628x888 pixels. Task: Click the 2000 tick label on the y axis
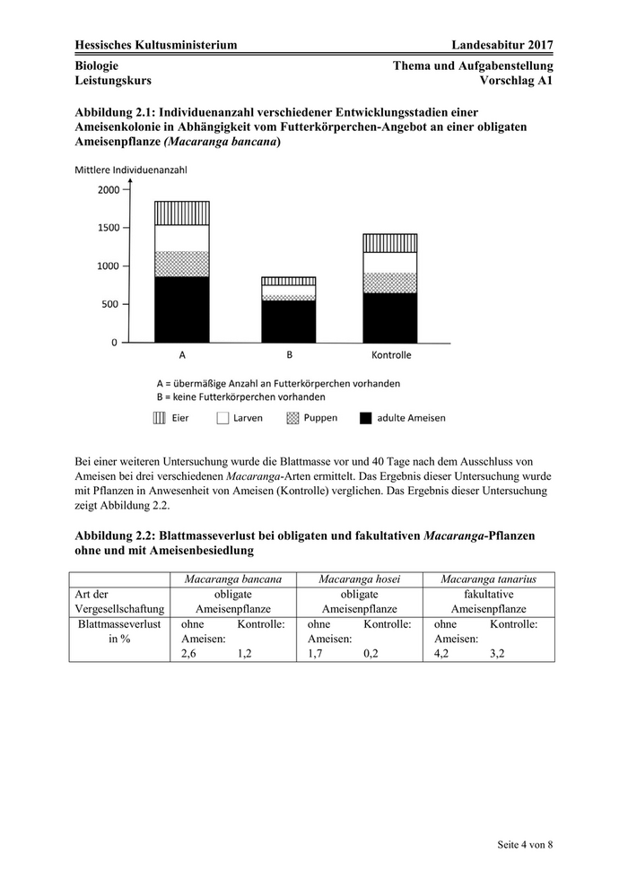[x=107, y=190]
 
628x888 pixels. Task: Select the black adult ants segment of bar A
[x=182, y=309]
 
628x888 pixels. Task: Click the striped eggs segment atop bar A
[x=182, y=213]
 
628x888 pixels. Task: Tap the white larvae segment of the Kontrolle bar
[x=389, y=262]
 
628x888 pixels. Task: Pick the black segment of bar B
[x=289, y=321]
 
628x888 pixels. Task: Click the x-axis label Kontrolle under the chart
[x=390, y=355]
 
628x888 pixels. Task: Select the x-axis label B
[x=289, y=355]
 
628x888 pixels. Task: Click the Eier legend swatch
[x=159, y=418]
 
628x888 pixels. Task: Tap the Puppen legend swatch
[x=293, y=418]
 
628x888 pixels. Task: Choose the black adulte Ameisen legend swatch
[x=365, y=418]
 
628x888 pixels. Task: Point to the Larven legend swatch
[x=222, y=418]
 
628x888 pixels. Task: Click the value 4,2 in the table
[x=441, y=654]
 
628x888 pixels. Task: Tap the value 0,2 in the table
[x=371, y=654]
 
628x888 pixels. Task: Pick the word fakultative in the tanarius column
[x=489, y=594]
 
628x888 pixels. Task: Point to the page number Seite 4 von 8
[x=526, y=844]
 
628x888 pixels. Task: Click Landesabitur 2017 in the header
[x=502, y=45]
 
